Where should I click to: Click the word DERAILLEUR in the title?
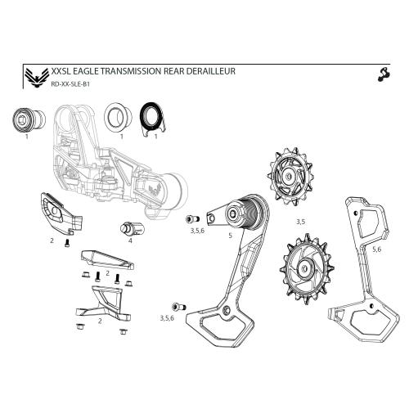coord(209,72)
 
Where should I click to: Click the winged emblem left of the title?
coord(33,78)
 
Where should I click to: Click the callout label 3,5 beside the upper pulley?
coord(300,222)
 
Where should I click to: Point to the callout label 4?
coord(130,240)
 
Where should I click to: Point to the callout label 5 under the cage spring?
coord(231,234)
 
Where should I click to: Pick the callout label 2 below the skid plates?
coord(99,321)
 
